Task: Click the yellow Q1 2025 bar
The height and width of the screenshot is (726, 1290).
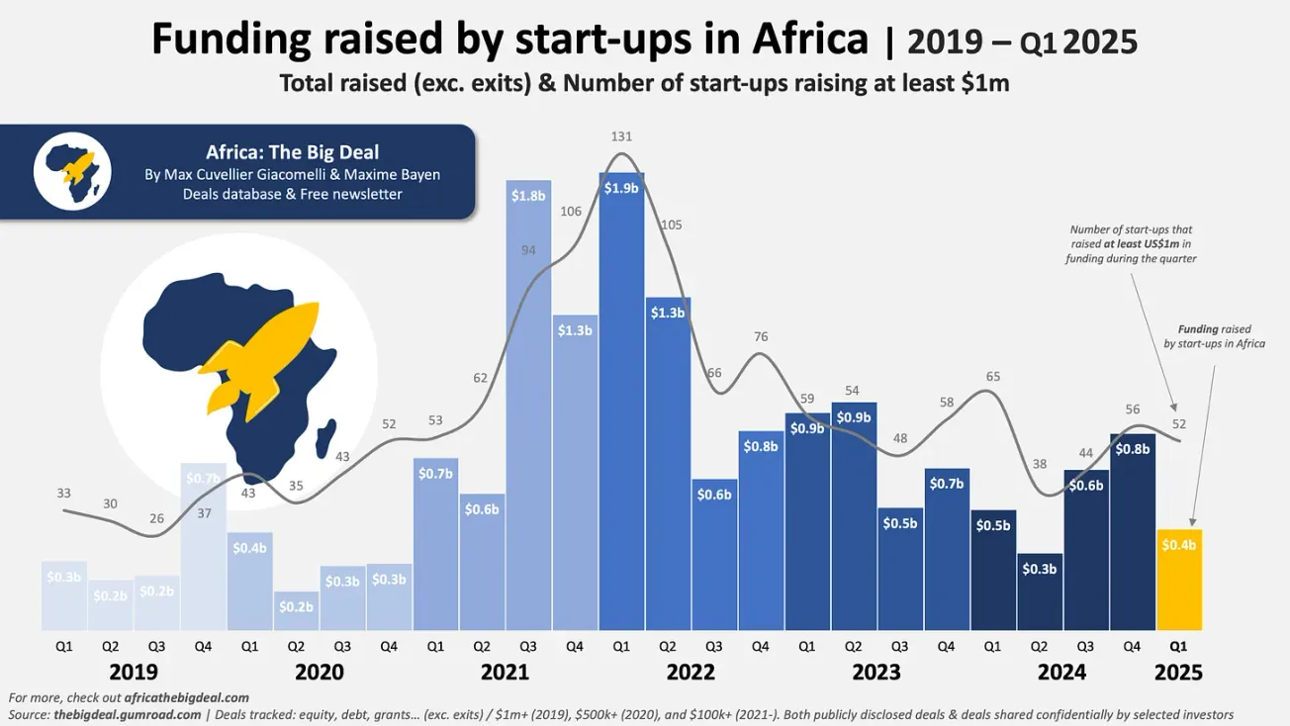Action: (x=1178, y=580)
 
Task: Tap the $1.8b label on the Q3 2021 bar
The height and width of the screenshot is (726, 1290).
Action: (x=528, y=196)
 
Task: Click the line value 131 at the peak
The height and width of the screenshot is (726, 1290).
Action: (x=621, y=136)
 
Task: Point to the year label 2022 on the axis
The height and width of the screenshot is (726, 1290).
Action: (x=691, y=673)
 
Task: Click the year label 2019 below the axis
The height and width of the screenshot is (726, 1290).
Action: (x=133, y=673)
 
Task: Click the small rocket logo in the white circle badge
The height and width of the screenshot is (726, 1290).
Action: (x=72, y=171)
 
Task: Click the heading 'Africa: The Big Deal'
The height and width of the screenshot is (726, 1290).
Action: (x=292, y=152)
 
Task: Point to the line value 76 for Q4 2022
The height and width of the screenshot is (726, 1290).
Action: (x=761, y=337)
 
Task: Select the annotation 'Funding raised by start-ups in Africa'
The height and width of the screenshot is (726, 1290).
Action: (x=1214, y=336)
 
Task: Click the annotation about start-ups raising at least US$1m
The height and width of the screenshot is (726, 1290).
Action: (x=1131, y=244)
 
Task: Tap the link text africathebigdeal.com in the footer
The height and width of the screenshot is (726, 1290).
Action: (x=186, y=697)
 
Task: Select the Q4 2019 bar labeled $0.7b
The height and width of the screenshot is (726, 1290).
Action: (x=203, y=546)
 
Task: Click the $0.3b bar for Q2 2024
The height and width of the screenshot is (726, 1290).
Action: (x=1039, y=591)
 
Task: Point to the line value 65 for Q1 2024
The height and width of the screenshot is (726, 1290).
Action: (x=993, y=377)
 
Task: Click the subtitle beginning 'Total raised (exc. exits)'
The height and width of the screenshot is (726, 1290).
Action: (x=644, y=83)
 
